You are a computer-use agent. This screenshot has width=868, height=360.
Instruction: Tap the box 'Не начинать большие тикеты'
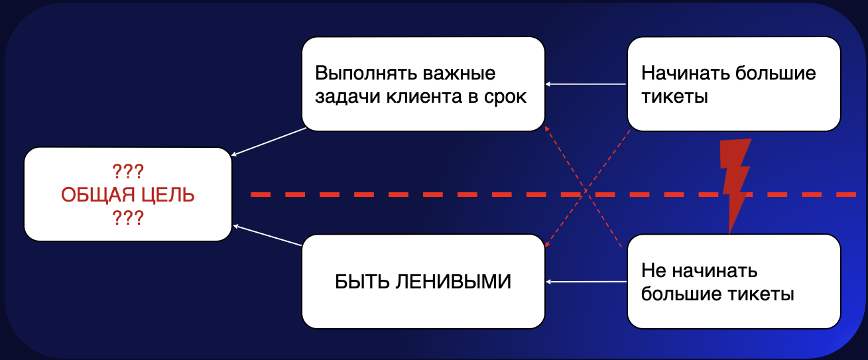click(733, 282)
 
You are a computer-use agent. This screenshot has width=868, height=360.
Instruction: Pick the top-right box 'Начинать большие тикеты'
click(733, 84)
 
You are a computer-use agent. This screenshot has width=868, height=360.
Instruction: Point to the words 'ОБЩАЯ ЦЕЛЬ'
click(128, 195)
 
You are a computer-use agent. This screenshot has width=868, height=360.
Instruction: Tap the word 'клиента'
click(434, 97)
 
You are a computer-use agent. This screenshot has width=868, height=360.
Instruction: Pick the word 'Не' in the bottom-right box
click(654, 271)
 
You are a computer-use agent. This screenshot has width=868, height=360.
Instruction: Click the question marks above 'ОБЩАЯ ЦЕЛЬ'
click(128, 172)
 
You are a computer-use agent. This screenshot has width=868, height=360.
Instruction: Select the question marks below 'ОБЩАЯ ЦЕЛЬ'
click(128, 217)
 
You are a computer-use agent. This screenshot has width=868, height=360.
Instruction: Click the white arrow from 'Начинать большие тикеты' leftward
click(586, 84)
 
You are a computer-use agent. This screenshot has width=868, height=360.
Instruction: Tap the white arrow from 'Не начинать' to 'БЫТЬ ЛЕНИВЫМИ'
click(586, 282)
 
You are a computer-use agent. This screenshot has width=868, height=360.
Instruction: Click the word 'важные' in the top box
click(463, 73)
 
